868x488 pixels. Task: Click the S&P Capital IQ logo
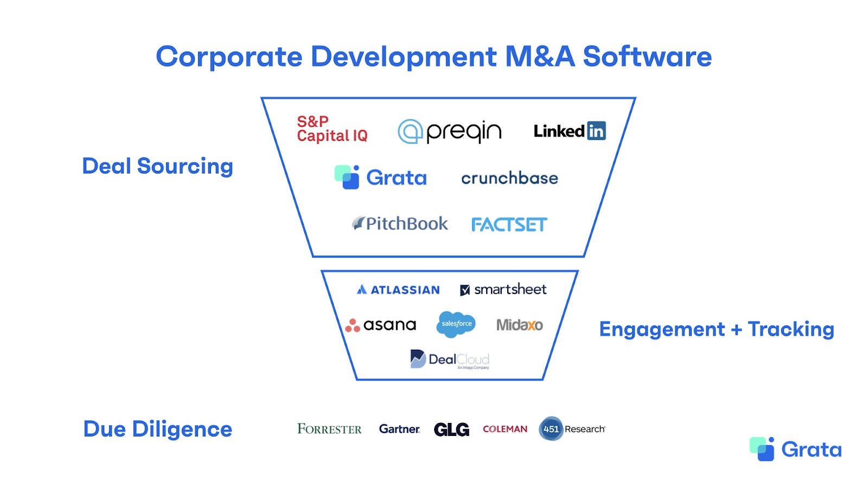point(331,129)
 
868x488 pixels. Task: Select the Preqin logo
point(450,131)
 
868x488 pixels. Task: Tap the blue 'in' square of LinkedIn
point(596,131)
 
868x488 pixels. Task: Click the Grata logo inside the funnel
point(381,177)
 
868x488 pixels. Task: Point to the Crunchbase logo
point(509,178)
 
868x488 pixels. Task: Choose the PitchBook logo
point(400,223)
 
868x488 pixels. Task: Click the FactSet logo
point(509,224)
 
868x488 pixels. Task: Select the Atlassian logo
point(398,290)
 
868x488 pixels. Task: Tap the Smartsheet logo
point(503,290)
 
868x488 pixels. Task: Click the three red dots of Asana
point(353,325)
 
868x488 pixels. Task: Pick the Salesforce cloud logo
point(456,324)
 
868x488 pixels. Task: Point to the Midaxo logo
point(519,325)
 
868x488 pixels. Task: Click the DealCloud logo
point(450,359)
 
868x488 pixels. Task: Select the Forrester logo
point(329,429)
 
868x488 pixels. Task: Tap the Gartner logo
point(399,429)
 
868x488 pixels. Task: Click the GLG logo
point(451,429)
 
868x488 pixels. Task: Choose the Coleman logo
point(505,429)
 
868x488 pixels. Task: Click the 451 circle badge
point(551,429)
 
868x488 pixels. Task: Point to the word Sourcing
point(185,166)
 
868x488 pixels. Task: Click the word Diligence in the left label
point(182,429)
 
